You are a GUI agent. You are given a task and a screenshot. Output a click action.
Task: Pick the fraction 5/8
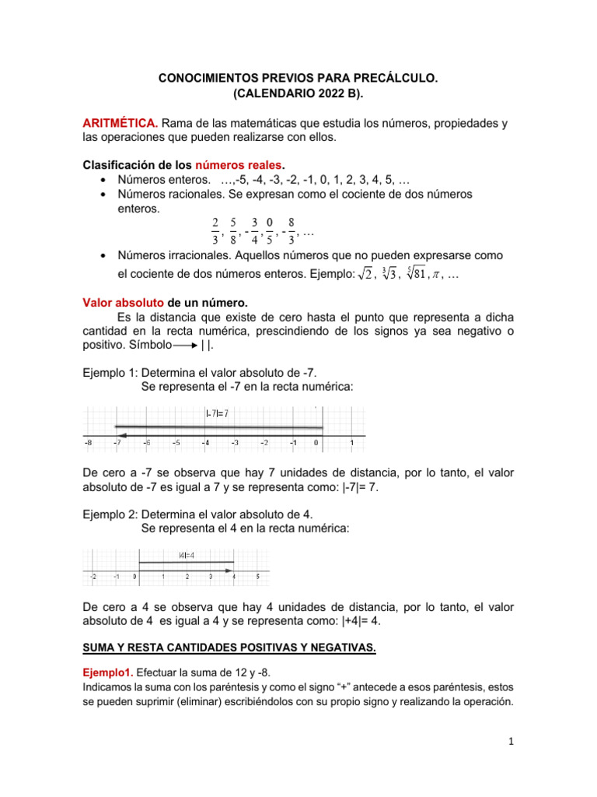click(x=233, y=230)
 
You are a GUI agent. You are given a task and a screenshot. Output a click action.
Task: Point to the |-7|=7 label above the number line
click(x=217, y=413)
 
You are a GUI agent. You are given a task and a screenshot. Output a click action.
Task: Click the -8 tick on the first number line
click(x=88, y=444)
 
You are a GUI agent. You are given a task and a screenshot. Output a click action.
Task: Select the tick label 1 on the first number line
click(x=352, y=444)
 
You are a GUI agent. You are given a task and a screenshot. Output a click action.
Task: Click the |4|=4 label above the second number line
click(x=187, y=555)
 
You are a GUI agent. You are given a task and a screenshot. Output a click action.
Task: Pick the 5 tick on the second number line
click(x=257, y=577)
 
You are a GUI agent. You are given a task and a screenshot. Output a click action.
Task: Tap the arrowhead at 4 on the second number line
click(x=230, y=571)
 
